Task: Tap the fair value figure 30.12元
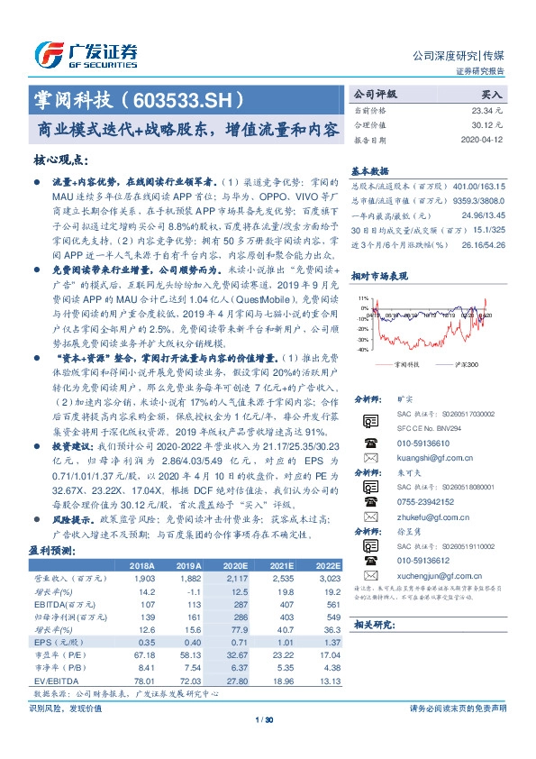pos(488,125)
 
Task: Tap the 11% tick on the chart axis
pos(362,297)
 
